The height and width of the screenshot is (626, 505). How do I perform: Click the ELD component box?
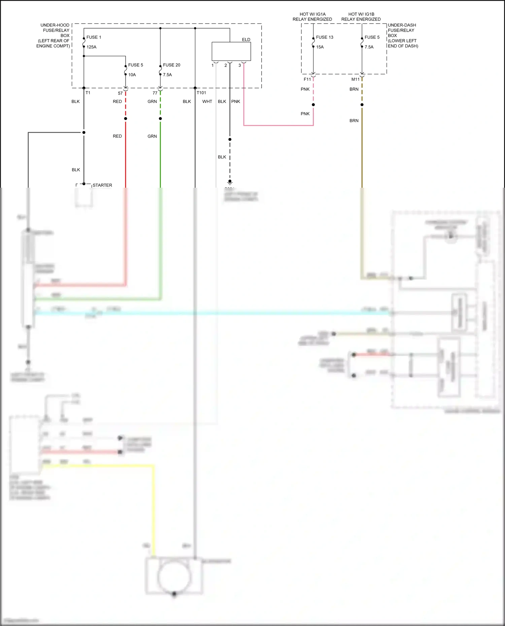tap(231, 51)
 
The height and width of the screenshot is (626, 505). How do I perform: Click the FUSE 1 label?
tap(94, 37)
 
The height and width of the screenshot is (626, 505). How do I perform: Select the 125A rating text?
tap(91, 47)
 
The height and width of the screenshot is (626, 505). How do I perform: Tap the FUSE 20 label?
tap(171, 65)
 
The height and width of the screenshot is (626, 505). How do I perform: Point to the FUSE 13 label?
tap(325, 37)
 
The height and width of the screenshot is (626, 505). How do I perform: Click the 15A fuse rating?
tap(319, 47)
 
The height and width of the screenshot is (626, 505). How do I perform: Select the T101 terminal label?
tap(201, 93)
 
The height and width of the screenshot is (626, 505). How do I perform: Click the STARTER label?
tap(102, 185)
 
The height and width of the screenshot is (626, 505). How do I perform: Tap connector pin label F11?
tap(307, 79)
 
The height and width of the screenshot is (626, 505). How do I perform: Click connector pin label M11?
tap(355, 79)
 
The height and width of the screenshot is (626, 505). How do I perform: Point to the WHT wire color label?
tap(207, 102)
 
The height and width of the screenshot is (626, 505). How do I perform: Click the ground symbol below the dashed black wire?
tap(230, 183)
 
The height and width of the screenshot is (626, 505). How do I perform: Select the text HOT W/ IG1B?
tap(361, 14)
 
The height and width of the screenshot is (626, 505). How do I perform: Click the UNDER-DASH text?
tap(402, 25)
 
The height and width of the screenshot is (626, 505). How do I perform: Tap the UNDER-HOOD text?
tap(55, 25)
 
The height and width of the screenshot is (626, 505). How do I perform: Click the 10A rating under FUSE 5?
tap(132, 75)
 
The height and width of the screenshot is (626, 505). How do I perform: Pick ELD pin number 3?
tap(240, 66)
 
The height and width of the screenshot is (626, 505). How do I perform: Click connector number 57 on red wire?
tap(120, 93)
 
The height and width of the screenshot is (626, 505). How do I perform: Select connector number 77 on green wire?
tap(155, 93)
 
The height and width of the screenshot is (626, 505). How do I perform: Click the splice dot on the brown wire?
tap(362, 105)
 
